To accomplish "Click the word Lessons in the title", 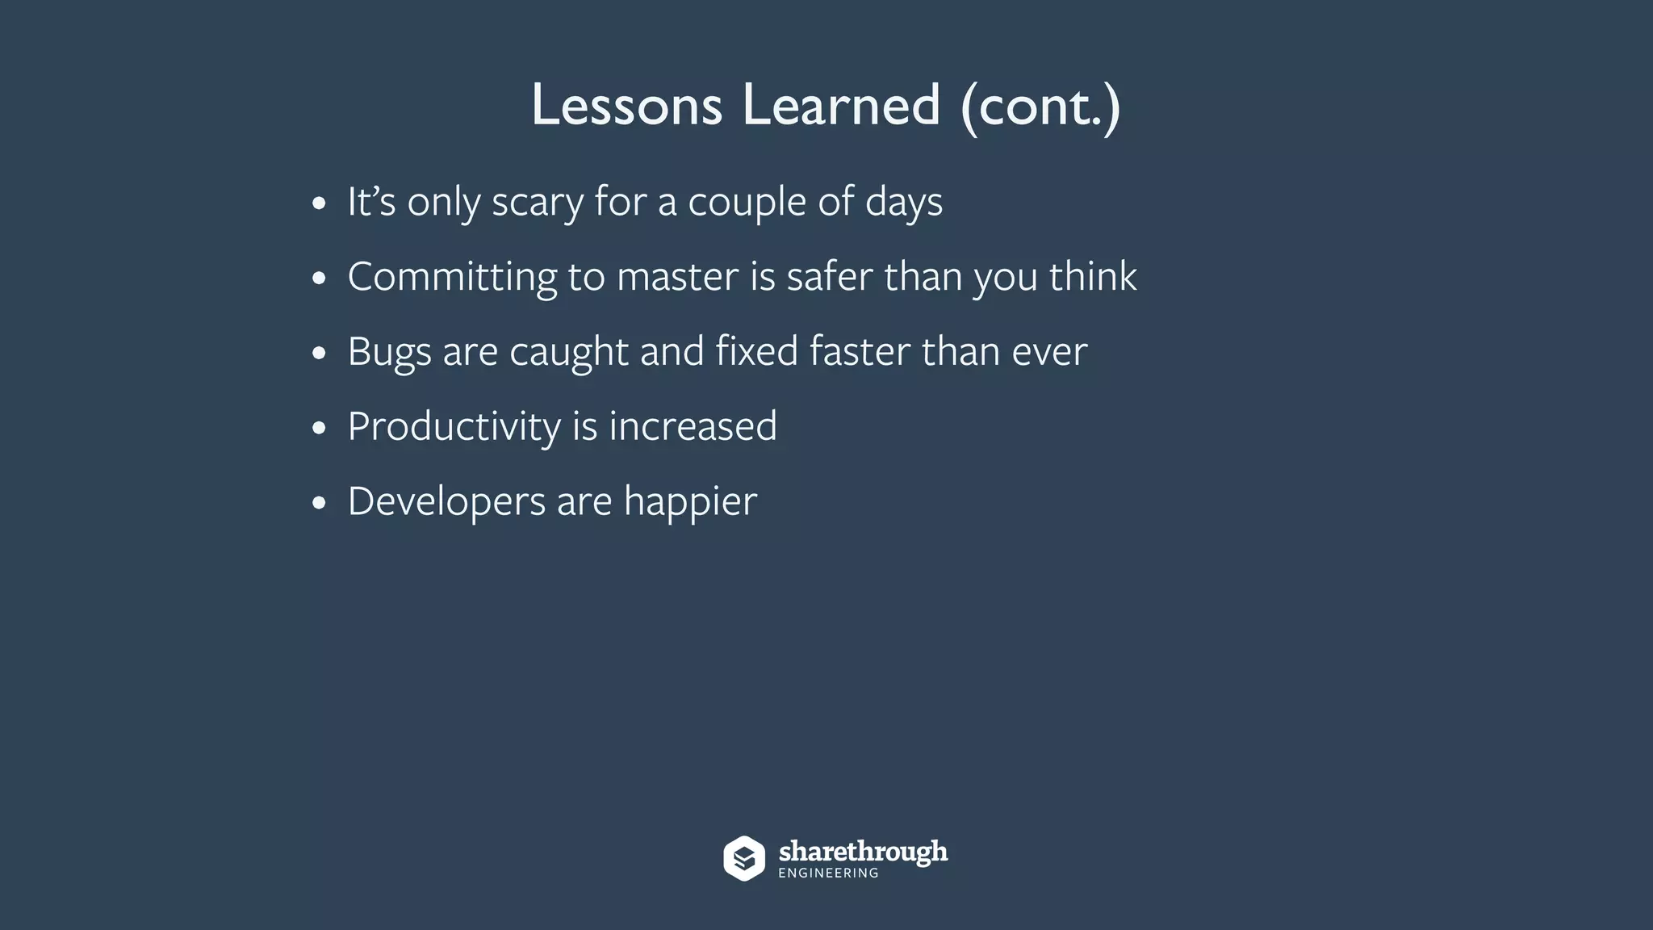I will click(626, 105).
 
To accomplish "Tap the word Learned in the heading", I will click(841, 105).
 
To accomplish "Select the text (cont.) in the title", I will click(1040, 107).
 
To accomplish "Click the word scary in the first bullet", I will click(537, 202).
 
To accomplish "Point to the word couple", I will click(747, 202).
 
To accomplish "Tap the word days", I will click(903, 202).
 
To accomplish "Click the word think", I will click(1093, 277).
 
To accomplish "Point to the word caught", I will click(569, 352).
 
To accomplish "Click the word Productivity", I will click(454, 426).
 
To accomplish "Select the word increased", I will click(693, 426).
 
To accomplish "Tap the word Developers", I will click(446, 501).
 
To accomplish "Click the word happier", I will click(690, 501).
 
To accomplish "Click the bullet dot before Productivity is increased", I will click(319, 428).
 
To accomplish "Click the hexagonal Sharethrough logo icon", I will click(743, 858).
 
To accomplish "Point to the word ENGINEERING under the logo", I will click(828, 873).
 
